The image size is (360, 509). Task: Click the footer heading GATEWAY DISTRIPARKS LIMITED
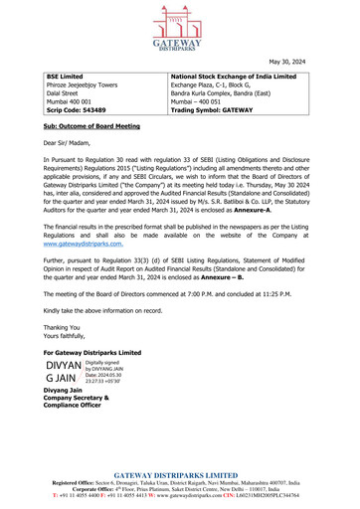tap(180, 476)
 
